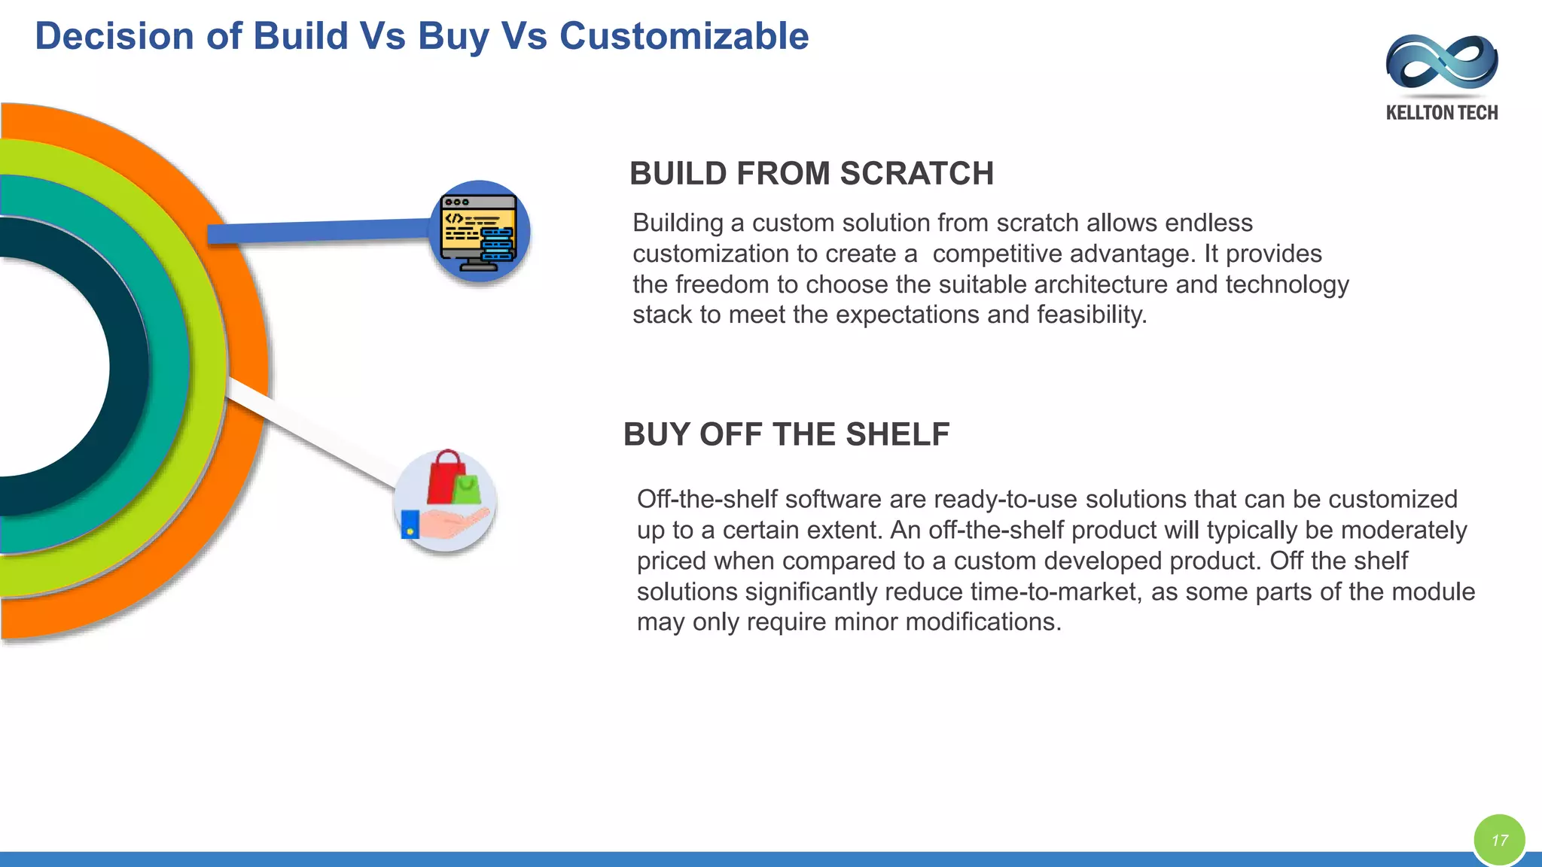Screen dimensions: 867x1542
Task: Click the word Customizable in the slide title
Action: click(x=684, y=36)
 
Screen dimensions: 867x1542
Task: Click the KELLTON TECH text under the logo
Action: click(x=1441, y=113)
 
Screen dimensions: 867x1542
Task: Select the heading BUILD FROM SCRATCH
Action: click(x=811, y=174)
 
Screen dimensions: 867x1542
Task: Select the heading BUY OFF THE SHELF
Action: click(x=786, y=434)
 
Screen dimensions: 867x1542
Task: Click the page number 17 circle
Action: click(x=1499, y=840)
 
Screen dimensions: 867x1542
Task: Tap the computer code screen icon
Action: click(x=480, y=232)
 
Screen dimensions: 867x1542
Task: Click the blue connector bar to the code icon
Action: click(x=316, y=231)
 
